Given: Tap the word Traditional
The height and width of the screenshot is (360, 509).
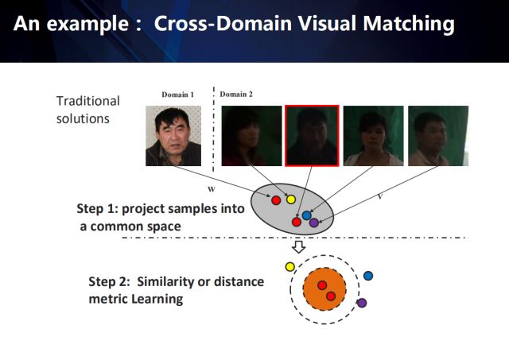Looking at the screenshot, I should click(87, 101).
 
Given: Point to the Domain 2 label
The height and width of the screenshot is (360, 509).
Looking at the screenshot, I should click(236, 95).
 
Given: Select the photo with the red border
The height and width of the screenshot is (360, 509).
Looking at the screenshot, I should click(312, 136).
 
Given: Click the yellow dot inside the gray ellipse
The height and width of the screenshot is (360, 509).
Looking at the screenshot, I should click(290, 199).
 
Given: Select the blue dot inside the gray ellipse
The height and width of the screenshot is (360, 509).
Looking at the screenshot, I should click(306, 215).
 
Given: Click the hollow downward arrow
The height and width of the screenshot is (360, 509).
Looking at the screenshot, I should click(299, 248).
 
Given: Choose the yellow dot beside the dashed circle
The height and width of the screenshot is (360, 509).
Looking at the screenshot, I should click(289, 266).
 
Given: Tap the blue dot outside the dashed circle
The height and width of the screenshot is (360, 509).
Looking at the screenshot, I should click(368, 275).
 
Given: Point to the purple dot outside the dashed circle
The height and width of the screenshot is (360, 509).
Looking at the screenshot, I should click(362, 303).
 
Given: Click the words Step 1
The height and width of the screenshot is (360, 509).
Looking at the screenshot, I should click(98, 211).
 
